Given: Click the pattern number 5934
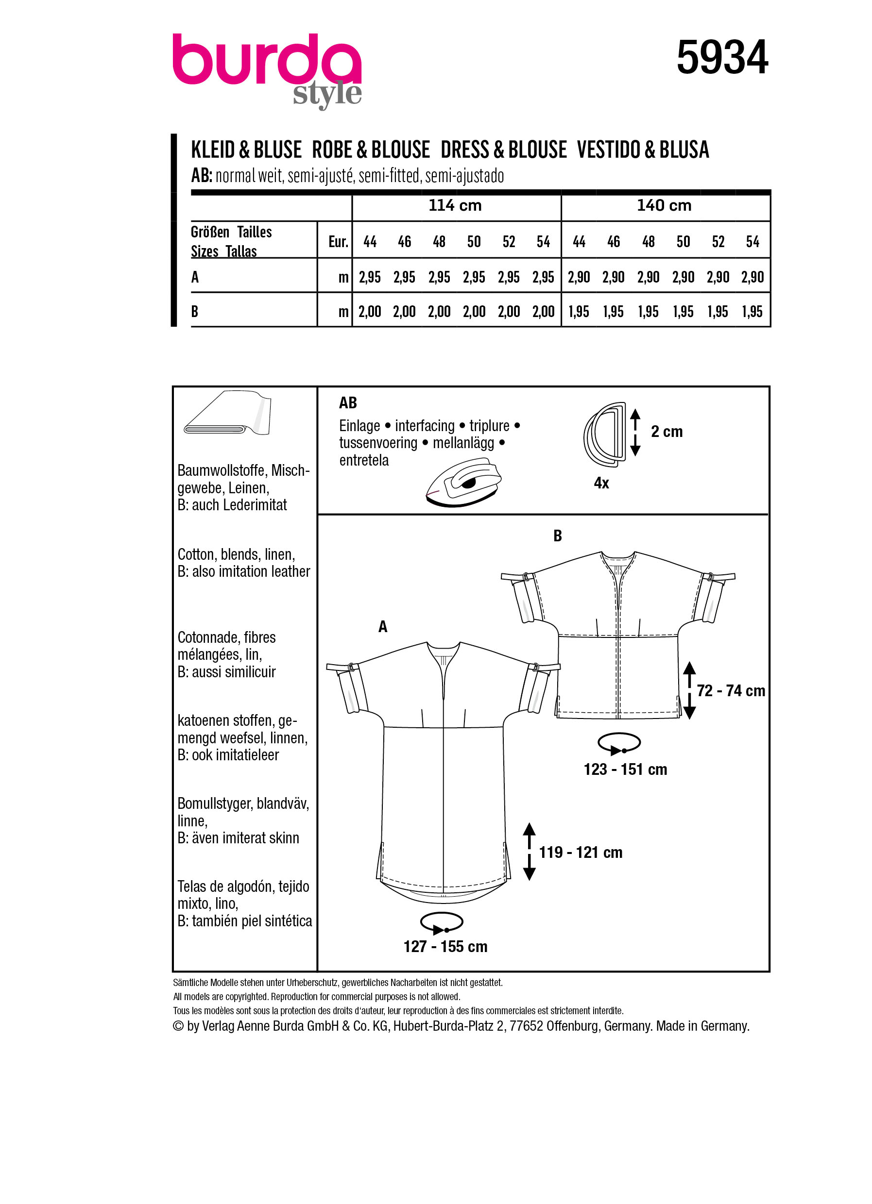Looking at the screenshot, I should coord(722,57).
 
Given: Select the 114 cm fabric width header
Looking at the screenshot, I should coord(455,205).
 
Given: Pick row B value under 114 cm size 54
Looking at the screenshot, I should coord(543,312).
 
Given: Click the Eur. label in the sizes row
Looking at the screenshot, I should coord(338,242).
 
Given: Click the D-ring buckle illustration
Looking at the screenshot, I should coord(605,434).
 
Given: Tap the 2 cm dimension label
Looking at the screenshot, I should coord(667,432).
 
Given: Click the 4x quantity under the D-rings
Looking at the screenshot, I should coord(601,483).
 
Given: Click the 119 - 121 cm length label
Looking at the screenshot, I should coord(581,853).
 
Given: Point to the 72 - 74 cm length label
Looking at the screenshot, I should coord(730,691).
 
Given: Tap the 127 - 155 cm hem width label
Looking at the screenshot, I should coord(445,947).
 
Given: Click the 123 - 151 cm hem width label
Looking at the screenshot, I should coord(625,769).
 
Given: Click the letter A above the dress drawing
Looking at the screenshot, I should coord(382,627).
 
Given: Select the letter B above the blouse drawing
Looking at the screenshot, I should coord(557,536).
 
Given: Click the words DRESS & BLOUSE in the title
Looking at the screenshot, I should coord(503,150).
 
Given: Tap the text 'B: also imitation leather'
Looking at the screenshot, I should coord(244,572).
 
